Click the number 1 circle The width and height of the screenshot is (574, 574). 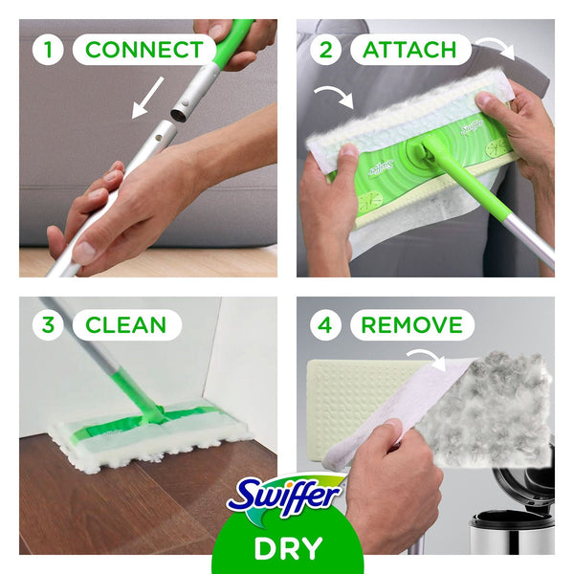[x=47, y=50]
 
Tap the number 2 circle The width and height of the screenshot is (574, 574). [x=325, y=50]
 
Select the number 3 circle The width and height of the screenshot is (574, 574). [x=47, y=324]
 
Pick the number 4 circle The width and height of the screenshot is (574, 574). [x=325, y=324]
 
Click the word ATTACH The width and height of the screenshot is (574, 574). [x=409, y=50]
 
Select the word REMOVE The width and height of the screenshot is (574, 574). [x=412, y=324]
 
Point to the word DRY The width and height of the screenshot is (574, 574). [x=287, y=549]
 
